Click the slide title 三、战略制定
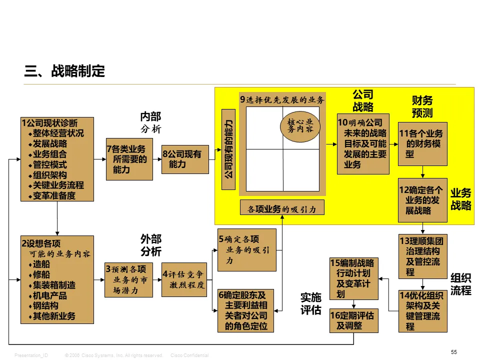(65, 71)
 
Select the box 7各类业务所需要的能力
(129, 159)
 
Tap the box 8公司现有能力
(185, 159)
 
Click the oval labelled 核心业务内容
(300, 125)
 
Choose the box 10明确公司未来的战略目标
(363, 144)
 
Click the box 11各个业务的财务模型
(422, 143)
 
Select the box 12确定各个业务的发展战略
(422, 200)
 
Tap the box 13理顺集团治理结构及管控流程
(422, 256)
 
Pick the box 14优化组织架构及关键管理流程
(422, 310)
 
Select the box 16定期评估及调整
(354, 320)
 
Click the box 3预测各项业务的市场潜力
(129, 279)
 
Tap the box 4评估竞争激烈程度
(184, 279)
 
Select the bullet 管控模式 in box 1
(50, 164)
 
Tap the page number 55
(454, 352)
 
